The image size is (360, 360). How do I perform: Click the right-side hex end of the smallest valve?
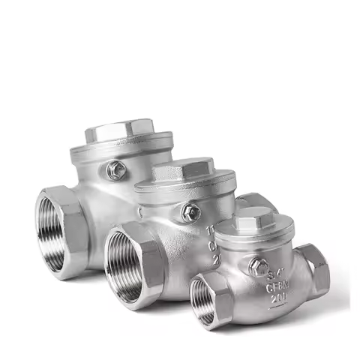316,268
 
